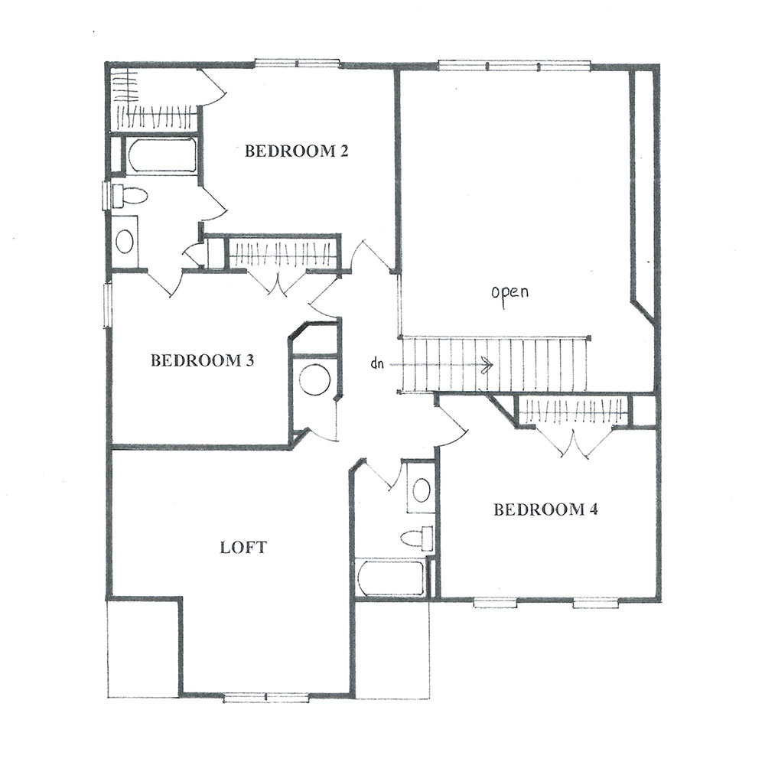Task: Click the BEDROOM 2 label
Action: tap(296, 151)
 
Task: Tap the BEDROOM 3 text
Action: tap(202, 360)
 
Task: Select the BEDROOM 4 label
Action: tap(545, 509)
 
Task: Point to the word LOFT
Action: tap(243, 548)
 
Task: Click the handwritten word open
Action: tap(509, 293)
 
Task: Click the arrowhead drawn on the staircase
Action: tap(487, 364)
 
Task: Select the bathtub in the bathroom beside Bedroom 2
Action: tap(161, 155)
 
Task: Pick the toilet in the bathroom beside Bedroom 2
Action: tap(129, 196)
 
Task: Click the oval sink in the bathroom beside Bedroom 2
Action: tap(125, 241)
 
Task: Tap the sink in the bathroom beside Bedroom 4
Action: tap(421, 490)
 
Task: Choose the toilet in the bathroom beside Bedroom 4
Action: tap(416, 538)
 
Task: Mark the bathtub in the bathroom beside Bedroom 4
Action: tap(390, 578)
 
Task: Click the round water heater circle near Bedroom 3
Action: tap(314, 379)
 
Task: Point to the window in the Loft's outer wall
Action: tap(266, 698)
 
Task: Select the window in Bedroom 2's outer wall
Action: tap(297, 63)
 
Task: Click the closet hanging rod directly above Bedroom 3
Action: tap(282, 255)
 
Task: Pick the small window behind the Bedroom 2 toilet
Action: tap(105, 195)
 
